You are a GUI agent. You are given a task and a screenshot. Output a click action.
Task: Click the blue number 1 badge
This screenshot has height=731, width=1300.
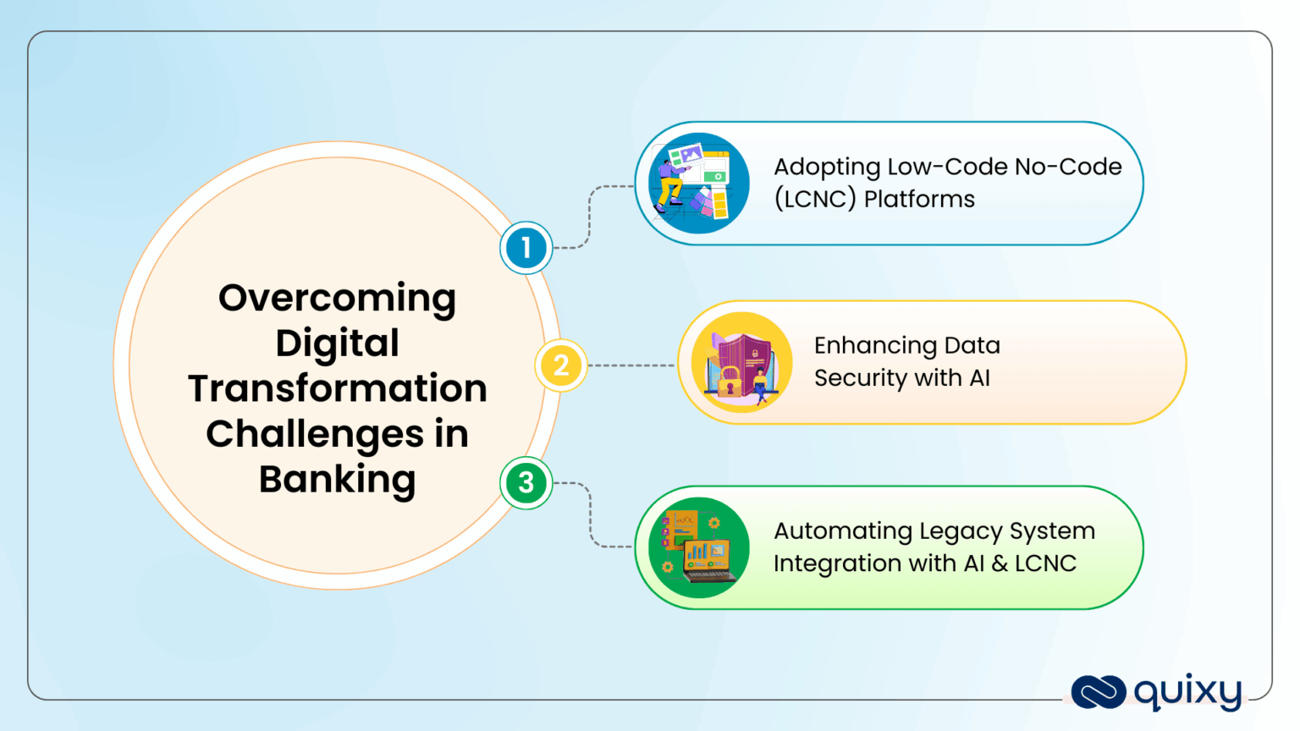click(526, 248)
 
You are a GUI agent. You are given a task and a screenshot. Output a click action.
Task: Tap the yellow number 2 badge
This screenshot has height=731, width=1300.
click(560, 365)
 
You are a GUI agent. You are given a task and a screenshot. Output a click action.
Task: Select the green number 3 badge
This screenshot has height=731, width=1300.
click(526, 483)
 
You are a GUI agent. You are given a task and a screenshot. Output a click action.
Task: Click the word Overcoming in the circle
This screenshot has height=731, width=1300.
click(337, 299)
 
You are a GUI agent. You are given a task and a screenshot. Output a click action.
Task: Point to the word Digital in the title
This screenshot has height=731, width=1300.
click(337, 344)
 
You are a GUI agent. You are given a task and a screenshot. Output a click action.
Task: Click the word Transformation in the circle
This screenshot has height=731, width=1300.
click(337, 389)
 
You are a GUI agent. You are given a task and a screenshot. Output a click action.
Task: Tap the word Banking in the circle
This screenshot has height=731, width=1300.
click(337, 480)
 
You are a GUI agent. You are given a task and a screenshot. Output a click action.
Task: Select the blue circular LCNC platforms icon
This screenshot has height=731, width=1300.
click(698, 184)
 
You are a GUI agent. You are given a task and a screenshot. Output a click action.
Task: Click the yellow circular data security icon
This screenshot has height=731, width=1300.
click(741, 362)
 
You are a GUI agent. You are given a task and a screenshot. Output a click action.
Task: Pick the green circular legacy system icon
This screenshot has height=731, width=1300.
click(698, 547)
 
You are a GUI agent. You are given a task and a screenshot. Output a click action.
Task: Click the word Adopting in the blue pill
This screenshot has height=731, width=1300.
click(827, 168)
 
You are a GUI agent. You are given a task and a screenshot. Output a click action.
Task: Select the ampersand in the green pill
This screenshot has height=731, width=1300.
click(999, 563)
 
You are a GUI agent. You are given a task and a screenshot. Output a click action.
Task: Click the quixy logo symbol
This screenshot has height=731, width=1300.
click(1098, 691)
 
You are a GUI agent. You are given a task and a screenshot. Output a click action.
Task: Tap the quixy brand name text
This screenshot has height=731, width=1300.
click(1187, 692)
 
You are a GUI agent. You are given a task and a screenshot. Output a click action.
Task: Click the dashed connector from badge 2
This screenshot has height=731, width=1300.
click(631, 365)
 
